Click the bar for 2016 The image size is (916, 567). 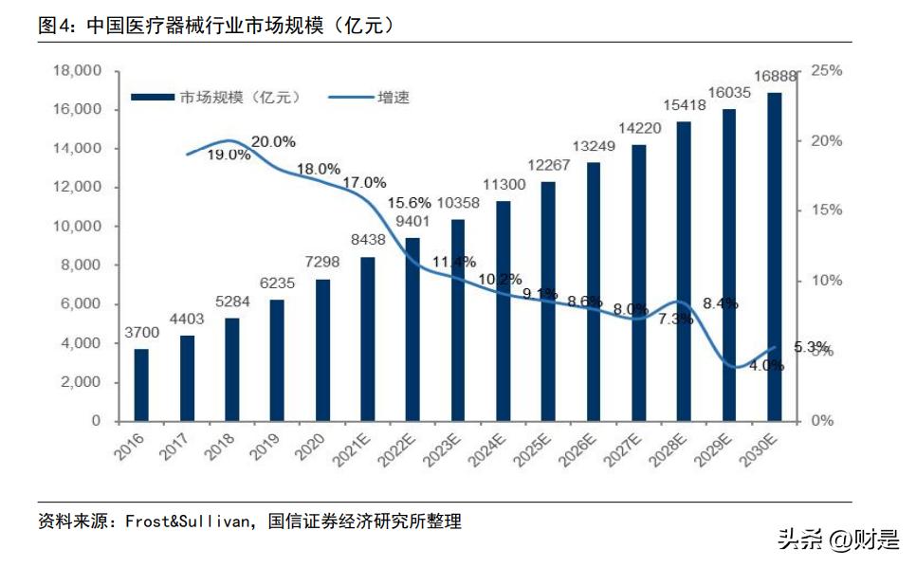click(141, 385)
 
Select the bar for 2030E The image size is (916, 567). click(775, 256)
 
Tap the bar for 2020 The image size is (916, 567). click(322, 350)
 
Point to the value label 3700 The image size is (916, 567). click(141, 335)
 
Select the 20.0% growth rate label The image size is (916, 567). click(273, 141)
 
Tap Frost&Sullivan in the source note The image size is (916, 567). click(185, 521)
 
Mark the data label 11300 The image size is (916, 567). click(503, 187)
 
